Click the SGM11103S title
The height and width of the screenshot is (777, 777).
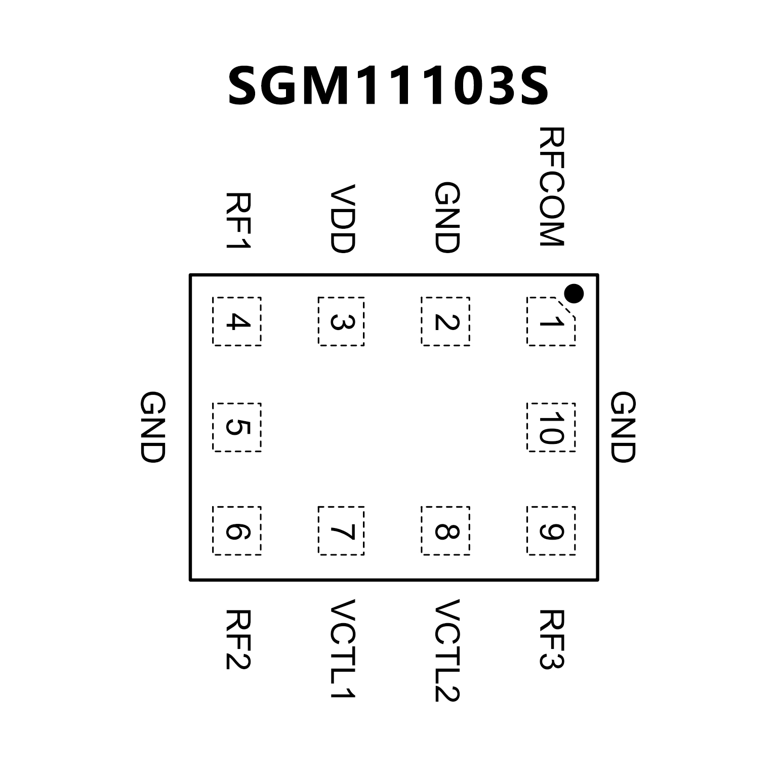388,86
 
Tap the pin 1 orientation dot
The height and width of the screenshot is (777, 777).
574,293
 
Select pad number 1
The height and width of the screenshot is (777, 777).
551,321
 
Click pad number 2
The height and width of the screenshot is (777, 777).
445,321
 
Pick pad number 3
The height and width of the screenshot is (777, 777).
341,321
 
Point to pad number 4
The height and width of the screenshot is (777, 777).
237,321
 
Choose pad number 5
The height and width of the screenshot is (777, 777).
237,427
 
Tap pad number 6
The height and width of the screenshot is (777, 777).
237,530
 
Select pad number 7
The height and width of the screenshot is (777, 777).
341,530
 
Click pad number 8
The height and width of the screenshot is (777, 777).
445,530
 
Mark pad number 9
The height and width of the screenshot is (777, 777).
551,530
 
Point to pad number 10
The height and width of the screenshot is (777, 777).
551,427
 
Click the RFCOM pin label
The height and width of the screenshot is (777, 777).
551,187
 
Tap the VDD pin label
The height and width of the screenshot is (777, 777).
342,218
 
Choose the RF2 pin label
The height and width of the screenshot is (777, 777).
238,639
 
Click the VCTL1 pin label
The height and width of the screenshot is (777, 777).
342,649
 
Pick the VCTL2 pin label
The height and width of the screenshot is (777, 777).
446,650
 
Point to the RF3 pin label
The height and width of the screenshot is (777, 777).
551,639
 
